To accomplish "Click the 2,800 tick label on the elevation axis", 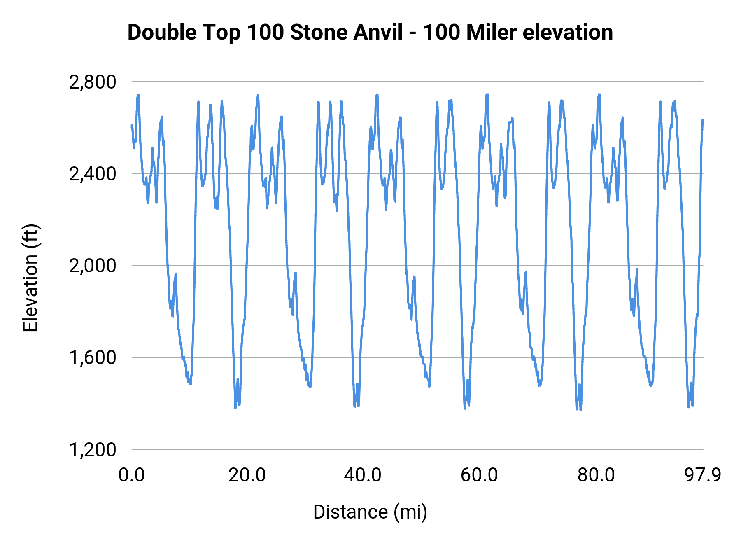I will tap(93, 82).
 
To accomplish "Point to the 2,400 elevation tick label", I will tap(93, 174).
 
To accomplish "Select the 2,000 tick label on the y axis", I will tap(93, 266).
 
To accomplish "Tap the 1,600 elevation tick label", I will tap(93, 358).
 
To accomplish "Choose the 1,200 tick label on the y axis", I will tap(93, 450).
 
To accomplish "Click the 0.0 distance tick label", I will tap(132, 475).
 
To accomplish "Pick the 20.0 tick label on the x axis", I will tap(247, 475).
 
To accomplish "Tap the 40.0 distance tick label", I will tap(363, 475).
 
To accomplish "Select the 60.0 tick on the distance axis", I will tap(479, 475).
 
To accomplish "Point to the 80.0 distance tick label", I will tap(596, 475).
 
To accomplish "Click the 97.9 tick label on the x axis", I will tap(703, 475).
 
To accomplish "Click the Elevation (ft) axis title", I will tap(30, 278).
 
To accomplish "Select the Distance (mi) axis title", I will tap(370, 512).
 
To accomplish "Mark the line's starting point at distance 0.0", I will tap(132, 125).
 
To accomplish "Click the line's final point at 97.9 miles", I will tap(703, 120).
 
